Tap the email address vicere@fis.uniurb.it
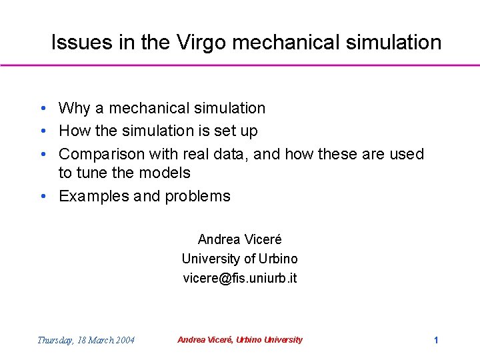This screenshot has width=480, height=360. click(240, 278)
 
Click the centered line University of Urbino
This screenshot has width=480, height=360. click(240, 259)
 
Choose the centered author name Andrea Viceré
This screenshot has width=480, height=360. click(240, 239)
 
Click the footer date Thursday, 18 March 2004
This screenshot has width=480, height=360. click(85, 340)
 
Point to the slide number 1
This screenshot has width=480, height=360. click(436, 340)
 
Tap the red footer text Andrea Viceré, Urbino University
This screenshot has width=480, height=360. click(240, 340)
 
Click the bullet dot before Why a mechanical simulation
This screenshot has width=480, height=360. click(42, 109)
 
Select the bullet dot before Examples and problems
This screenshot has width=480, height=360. click(42, 197)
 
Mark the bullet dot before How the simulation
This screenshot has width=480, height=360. click(42, 131)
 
